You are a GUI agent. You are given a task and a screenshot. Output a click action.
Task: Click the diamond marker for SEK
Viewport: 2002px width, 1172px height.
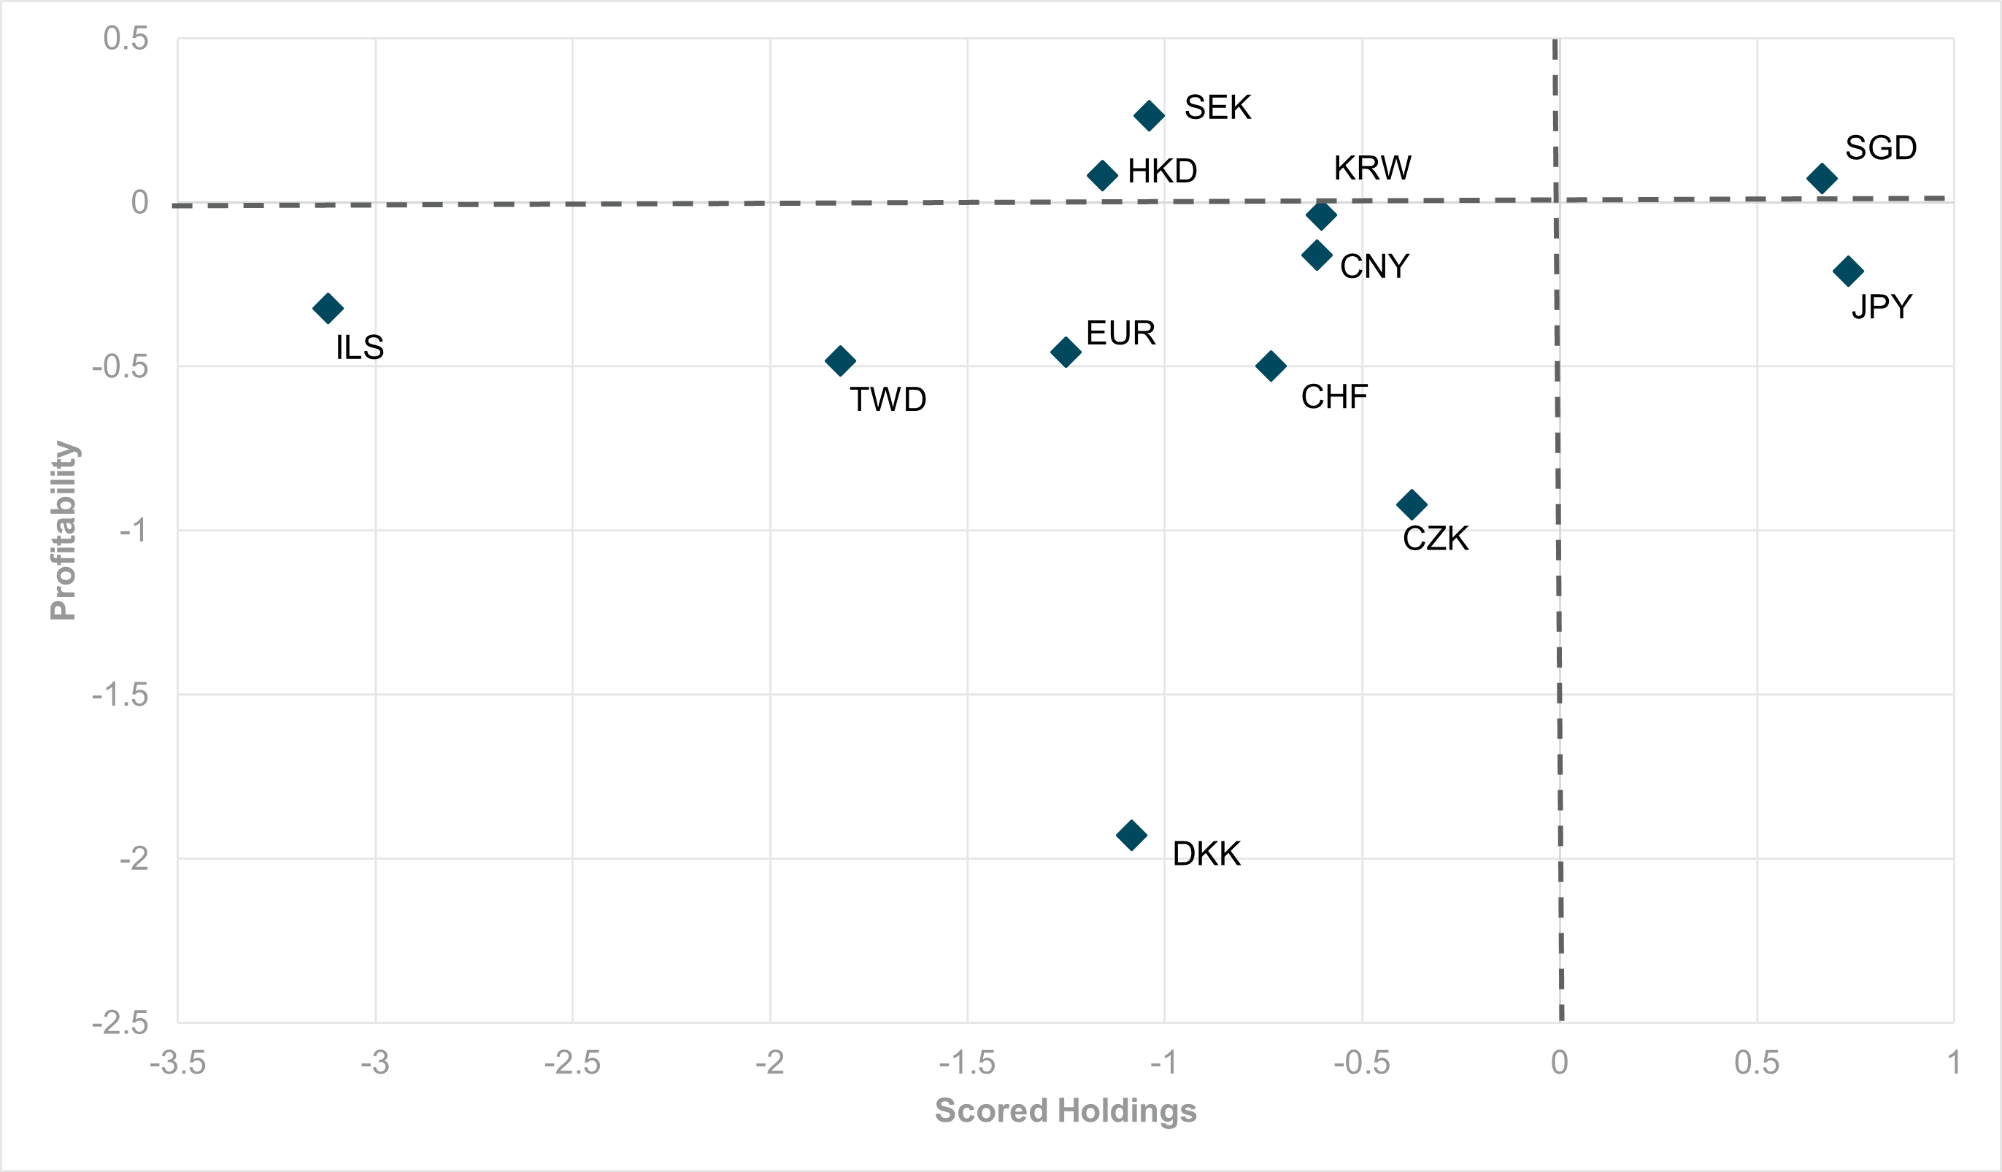click(1149, 116)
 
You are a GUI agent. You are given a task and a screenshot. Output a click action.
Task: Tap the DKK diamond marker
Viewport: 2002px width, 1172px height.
click(1131, 835)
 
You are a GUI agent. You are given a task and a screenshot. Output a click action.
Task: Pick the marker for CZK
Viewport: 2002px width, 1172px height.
click(1412, 504)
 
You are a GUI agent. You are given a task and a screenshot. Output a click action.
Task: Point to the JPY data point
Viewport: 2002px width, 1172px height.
click(1848, 271)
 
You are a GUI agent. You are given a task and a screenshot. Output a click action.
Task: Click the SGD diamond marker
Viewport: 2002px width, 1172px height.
click(1822, 178)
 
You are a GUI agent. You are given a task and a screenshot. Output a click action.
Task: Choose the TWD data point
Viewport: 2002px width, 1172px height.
click(840, 361)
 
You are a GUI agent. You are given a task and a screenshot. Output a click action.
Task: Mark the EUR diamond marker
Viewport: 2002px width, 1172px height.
click(1066, 351)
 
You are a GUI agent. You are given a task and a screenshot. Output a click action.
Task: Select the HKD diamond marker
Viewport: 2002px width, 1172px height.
click(1102, 175)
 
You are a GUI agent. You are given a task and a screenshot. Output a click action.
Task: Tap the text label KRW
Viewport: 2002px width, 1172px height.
click(1372, 169)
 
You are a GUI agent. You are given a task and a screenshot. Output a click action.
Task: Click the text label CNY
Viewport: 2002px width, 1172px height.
click(1374, 267)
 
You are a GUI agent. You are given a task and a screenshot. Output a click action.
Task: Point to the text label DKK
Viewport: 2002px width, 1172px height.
click(1206, 854)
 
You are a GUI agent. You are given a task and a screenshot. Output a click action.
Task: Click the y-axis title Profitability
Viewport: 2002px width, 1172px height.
click(63, 530)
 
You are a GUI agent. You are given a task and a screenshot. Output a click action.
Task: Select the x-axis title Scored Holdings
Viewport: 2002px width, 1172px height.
click(1066, 1111)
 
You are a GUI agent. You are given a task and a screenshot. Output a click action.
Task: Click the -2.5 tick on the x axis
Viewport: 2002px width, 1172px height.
click(572, 1063)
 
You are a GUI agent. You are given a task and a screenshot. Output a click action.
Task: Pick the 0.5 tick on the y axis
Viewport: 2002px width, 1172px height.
click(126, 39)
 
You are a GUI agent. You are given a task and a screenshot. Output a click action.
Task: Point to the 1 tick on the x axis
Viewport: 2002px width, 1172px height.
click(1954, 1063)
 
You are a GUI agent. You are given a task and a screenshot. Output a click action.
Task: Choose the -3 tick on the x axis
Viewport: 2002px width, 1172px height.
click(375, 1063)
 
